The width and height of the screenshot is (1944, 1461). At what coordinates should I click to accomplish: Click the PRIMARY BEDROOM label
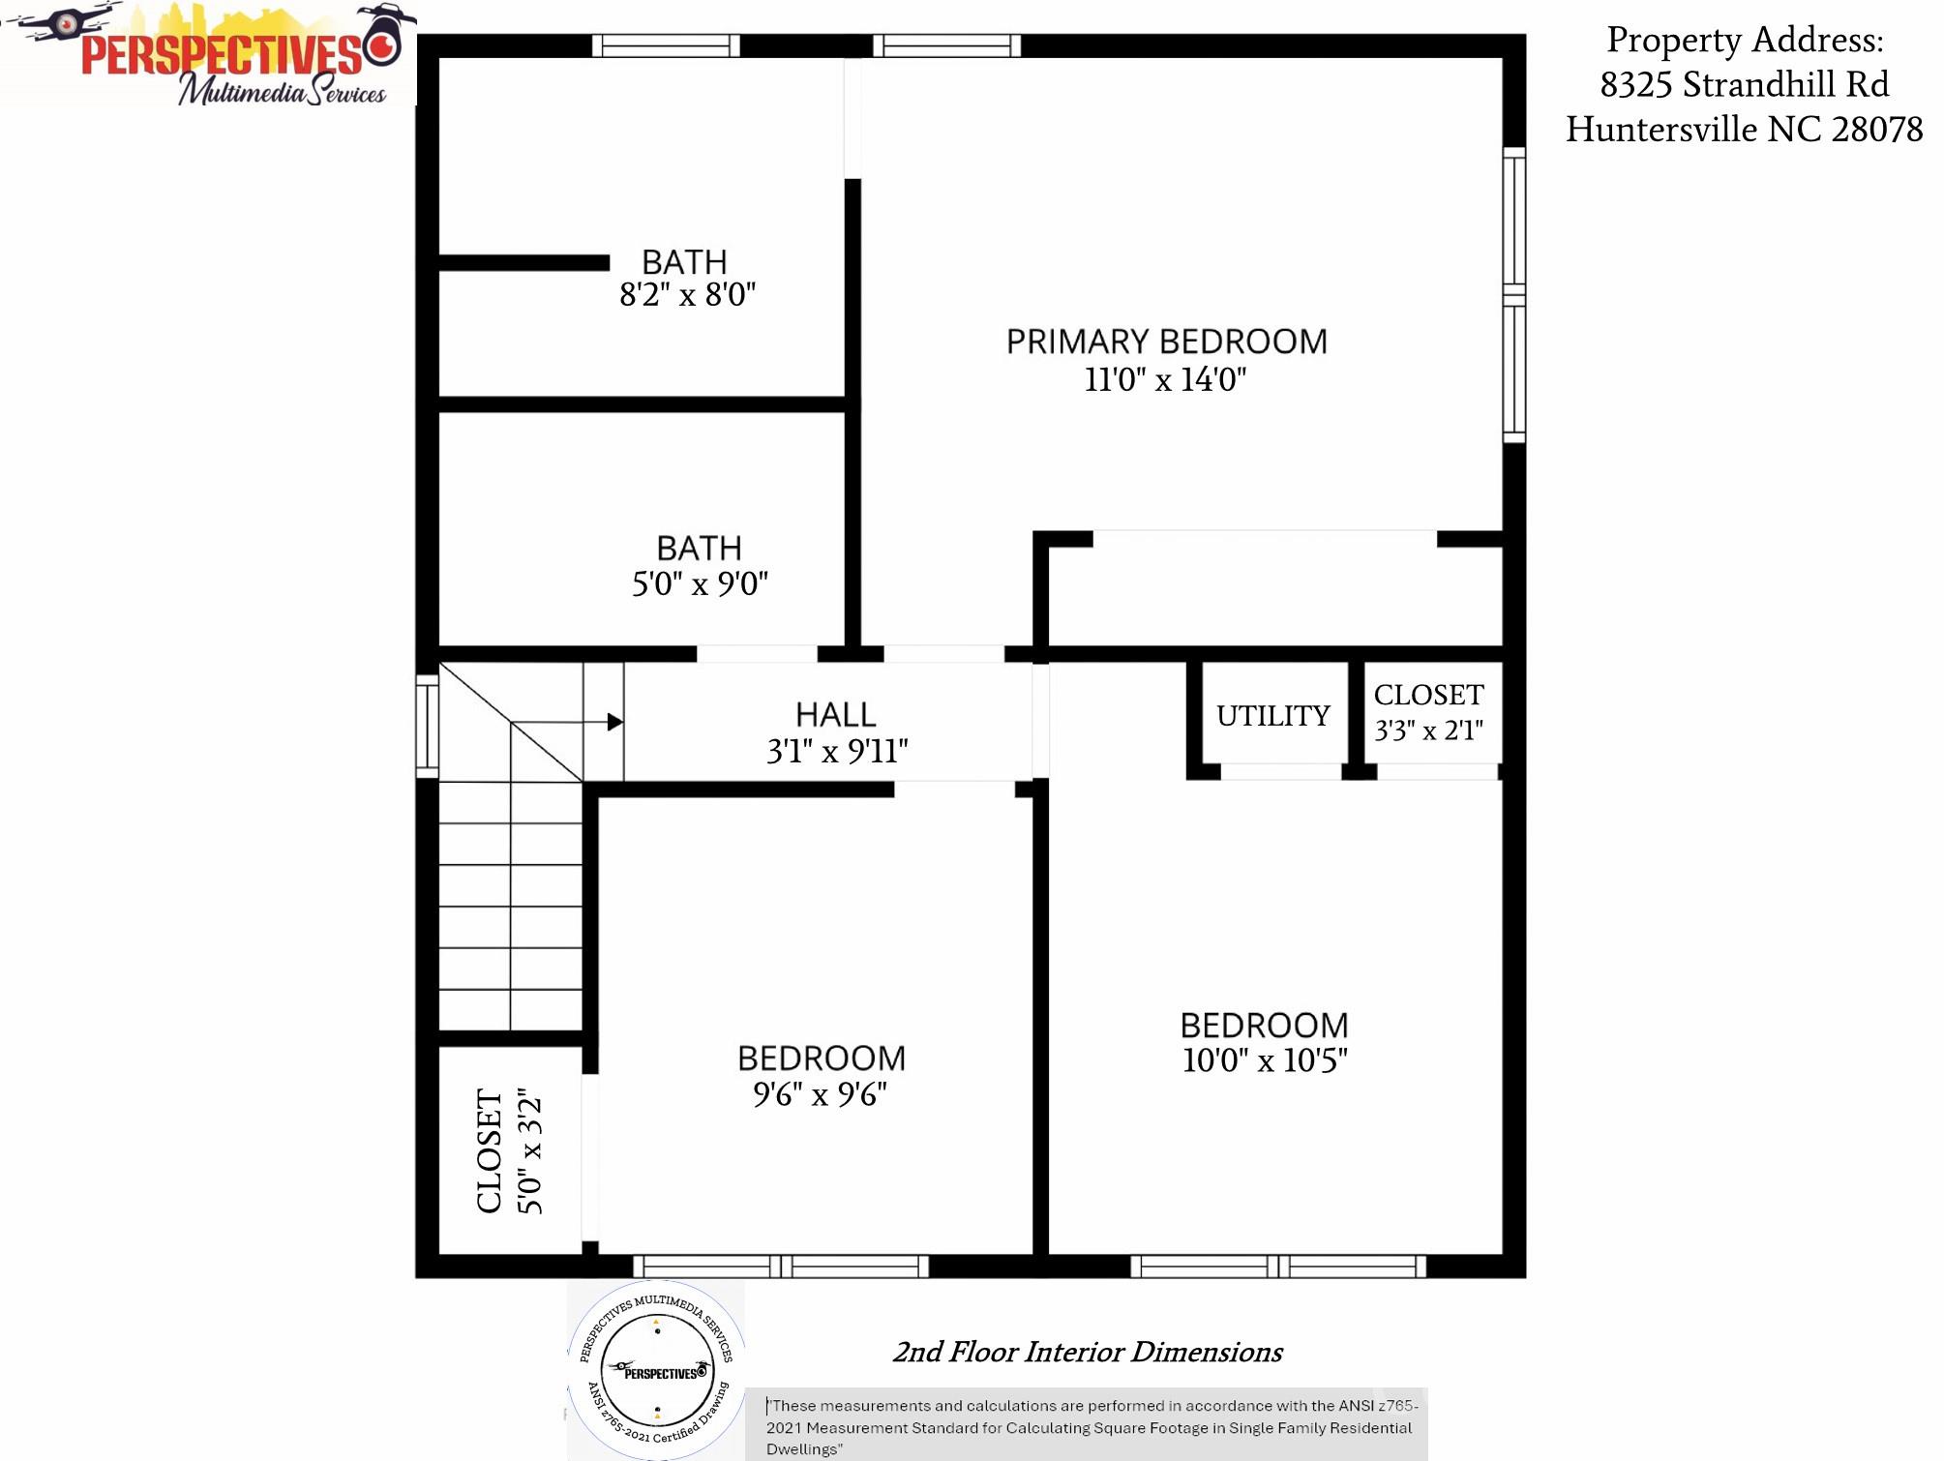tap(1166, 342)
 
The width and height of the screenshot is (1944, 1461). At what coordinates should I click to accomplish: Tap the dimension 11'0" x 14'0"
tap(1165, 379)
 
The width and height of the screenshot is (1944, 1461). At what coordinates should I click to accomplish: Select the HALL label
tap(835, 715)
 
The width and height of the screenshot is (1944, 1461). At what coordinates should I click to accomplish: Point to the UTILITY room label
tap(1272, 716)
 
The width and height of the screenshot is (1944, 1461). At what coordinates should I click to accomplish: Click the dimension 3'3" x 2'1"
tap(1428, 730)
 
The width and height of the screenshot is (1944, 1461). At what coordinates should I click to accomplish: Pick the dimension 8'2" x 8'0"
tap(687, 295)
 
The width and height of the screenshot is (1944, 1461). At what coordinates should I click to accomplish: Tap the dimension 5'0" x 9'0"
tap(700, 584)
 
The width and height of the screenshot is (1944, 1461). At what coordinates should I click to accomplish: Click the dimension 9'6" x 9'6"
tap(820, 1095)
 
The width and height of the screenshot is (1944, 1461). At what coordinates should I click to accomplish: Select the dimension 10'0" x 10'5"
tap(1264, 1060)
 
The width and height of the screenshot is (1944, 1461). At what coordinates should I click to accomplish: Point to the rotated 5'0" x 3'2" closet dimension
tap(530, 1151)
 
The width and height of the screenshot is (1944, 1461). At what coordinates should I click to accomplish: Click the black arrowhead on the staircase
tap(614, 722)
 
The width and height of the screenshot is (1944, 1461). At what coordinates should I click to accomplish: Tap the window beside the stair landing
tap(427, 726)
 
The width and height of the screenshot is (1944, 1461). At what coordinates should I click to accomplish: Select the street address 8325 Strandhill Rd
tap(1744, 85)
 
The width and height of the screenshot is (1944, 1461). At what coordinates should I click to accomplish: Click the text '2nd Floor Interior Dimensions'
tap(1087, 1352)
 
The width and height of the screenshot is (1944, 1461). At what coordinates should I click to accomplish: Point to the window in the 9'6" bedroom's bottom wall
tap(781, 1266)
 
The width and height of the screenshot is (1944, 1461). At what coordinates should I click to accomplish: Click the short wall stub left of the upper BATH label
tap(523, 263)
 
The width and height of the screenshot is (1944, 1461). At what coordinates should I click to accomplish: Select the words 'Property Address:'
tap(1745, 41)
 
